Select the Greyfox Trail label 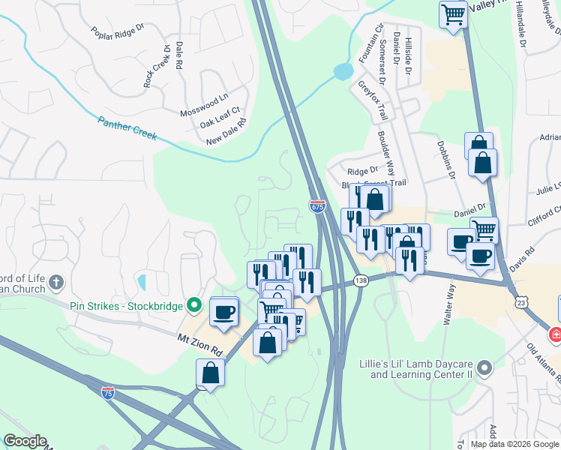point(371,100)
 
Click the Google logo point(25,441)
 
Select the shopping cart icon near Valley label point(453,14)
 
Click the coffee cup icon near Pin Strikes point(223,311)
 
